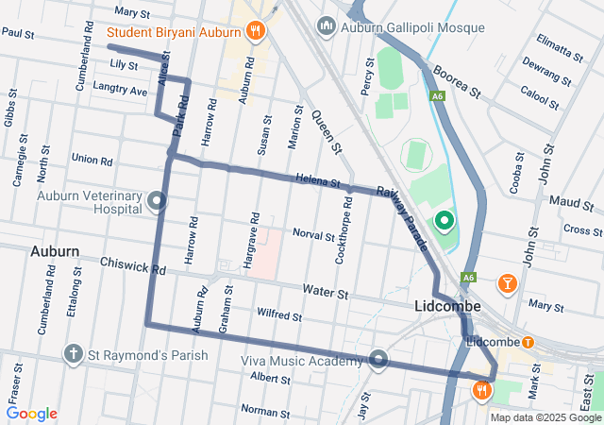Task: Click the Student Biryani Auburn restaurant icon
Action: click(254, 31)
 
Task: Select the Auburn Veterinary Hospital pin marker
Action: click(157, 200)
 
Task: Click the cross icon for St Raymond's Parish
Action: click(74, 354)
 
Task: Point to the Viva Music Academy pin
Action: click(378, 359)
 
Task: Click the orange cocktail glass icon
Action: click(507, 282)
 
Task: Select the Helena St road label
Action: click(316, 179)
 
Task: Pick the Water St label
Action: click(325, 294)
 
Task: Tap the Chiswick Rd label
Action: click(132, 269)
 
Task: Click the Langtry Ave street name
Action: click(120, 90)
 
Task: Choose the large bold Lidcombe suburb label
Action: click(448, 307)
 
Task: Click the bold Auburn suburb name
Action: click(55, 252)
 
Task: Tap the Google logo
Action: click(32, 414)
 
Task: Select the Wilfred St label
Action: click(278, 315)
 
